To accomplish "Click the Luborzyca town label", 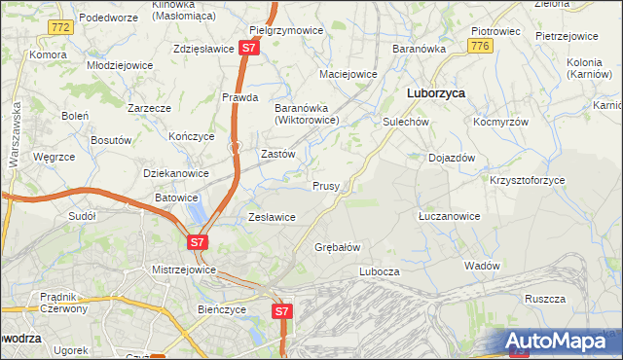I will pos(434,92).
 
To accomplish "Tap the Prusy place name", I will pos(325,185).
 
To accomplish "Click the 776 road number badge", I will pos(478,46).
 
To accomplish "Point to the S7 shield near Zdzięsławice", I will pos(250,47).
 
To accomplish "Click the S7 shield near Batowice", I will pos(198,241).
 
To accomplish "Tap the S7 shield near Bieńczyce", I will pos(281,311).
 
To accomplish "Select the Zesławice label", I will pos(272,217).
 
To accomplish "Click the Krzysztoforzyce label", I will pos(527,181).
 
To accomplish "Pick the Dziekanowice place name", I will pos(176,173).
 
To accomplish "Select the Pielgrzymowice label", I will pos(286,30).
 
